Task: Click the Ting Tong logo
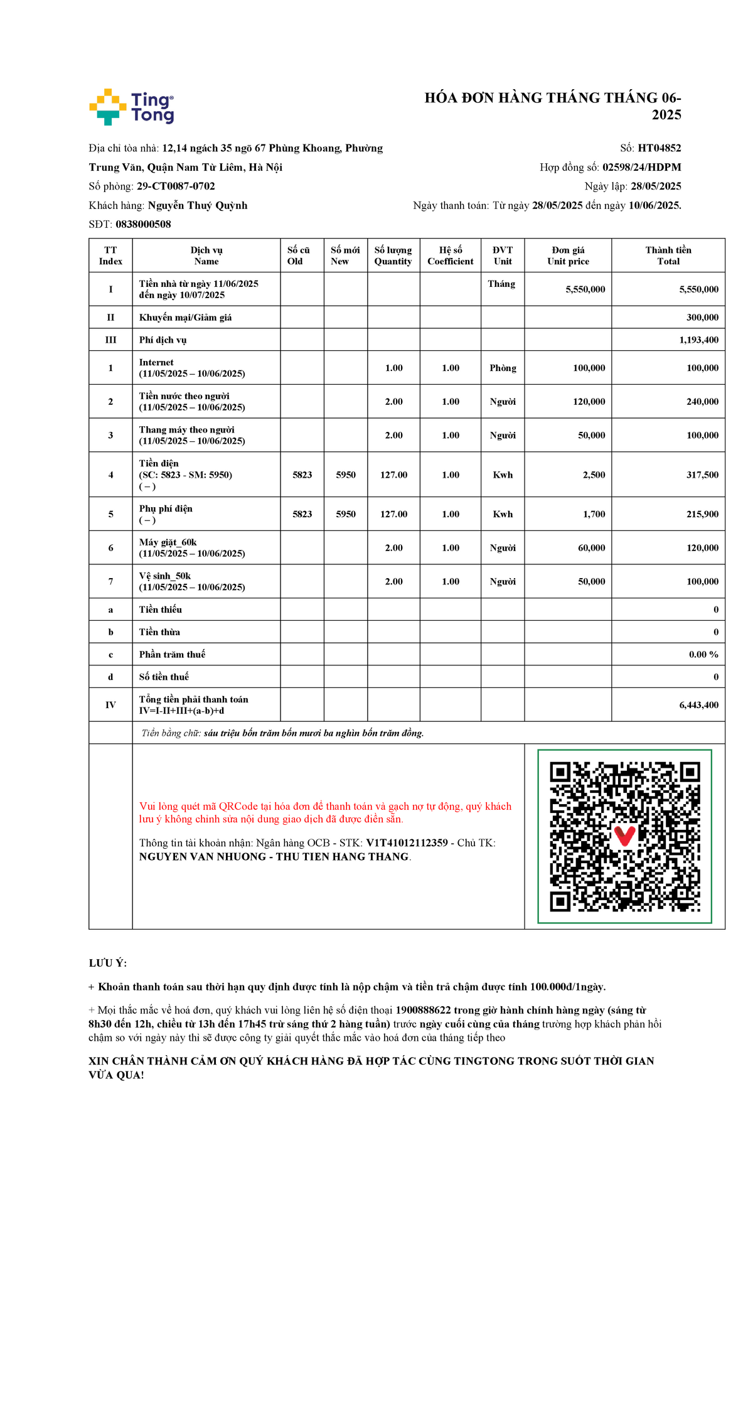132,107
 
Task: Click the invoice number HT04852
659,148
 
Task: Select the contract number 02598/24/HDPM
641,167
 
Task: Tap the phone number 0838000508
143,224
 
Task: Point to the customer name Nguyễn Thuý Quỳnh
198,205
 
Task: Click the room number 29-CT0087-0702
176,186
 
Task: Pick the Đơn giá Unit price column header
568,255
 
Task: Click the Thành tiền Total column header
668,255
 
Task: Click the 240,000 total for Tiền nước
702,402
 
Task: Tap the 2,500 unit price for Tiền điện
594,475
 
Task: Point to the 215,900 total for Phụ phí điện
702,514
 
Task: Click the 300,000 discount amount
702,318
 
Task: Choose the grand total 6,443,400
698,705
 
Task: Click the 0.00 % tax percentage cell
703,654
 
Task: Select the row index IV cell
110,705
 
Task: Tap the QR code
624,836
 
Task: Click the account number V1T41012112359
407,843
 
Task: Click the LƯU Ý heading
108,963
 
